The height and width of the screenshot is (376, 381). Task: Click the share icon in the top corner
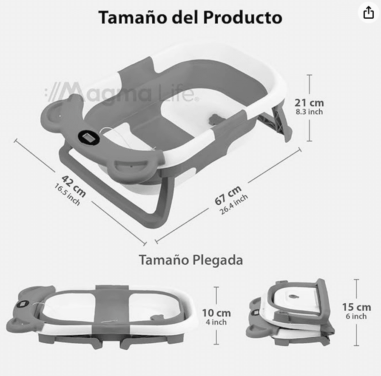coord(368,13)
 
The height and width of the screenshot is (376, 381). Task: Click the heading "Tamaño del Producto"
coord(190,18)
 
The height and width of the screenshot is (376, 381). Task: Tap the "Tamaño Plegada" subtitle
coord(190,260)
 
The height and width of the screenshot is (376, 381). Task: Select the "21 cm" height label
coord(309,103)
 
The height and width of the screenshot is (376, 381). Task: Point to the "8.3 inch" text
coord(309,112)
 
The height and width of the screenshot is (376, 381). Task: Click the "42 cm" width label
coord(74,186)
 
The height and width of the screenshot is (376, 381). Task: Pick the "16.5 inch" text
coord(67,194)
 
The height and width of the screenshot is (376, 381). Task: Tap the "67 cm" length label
coord(228,195)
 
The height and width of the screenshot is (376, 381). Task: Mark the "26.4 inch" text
coord(234,204)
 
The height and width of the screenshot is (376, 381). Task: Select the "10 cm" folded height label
coord(217,313)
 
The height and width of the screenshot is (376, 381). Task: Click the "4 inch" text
coord(217,322)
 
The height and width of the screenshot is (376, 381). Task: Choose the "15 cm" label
coord(356,307)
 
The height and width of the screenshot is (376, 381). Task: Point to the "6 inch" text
coord(356,317)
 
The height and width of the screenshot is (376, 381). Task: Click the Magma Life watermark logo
coord(121,93)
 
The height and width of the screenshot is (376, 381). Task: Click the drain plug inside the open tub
coord(217,119)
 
